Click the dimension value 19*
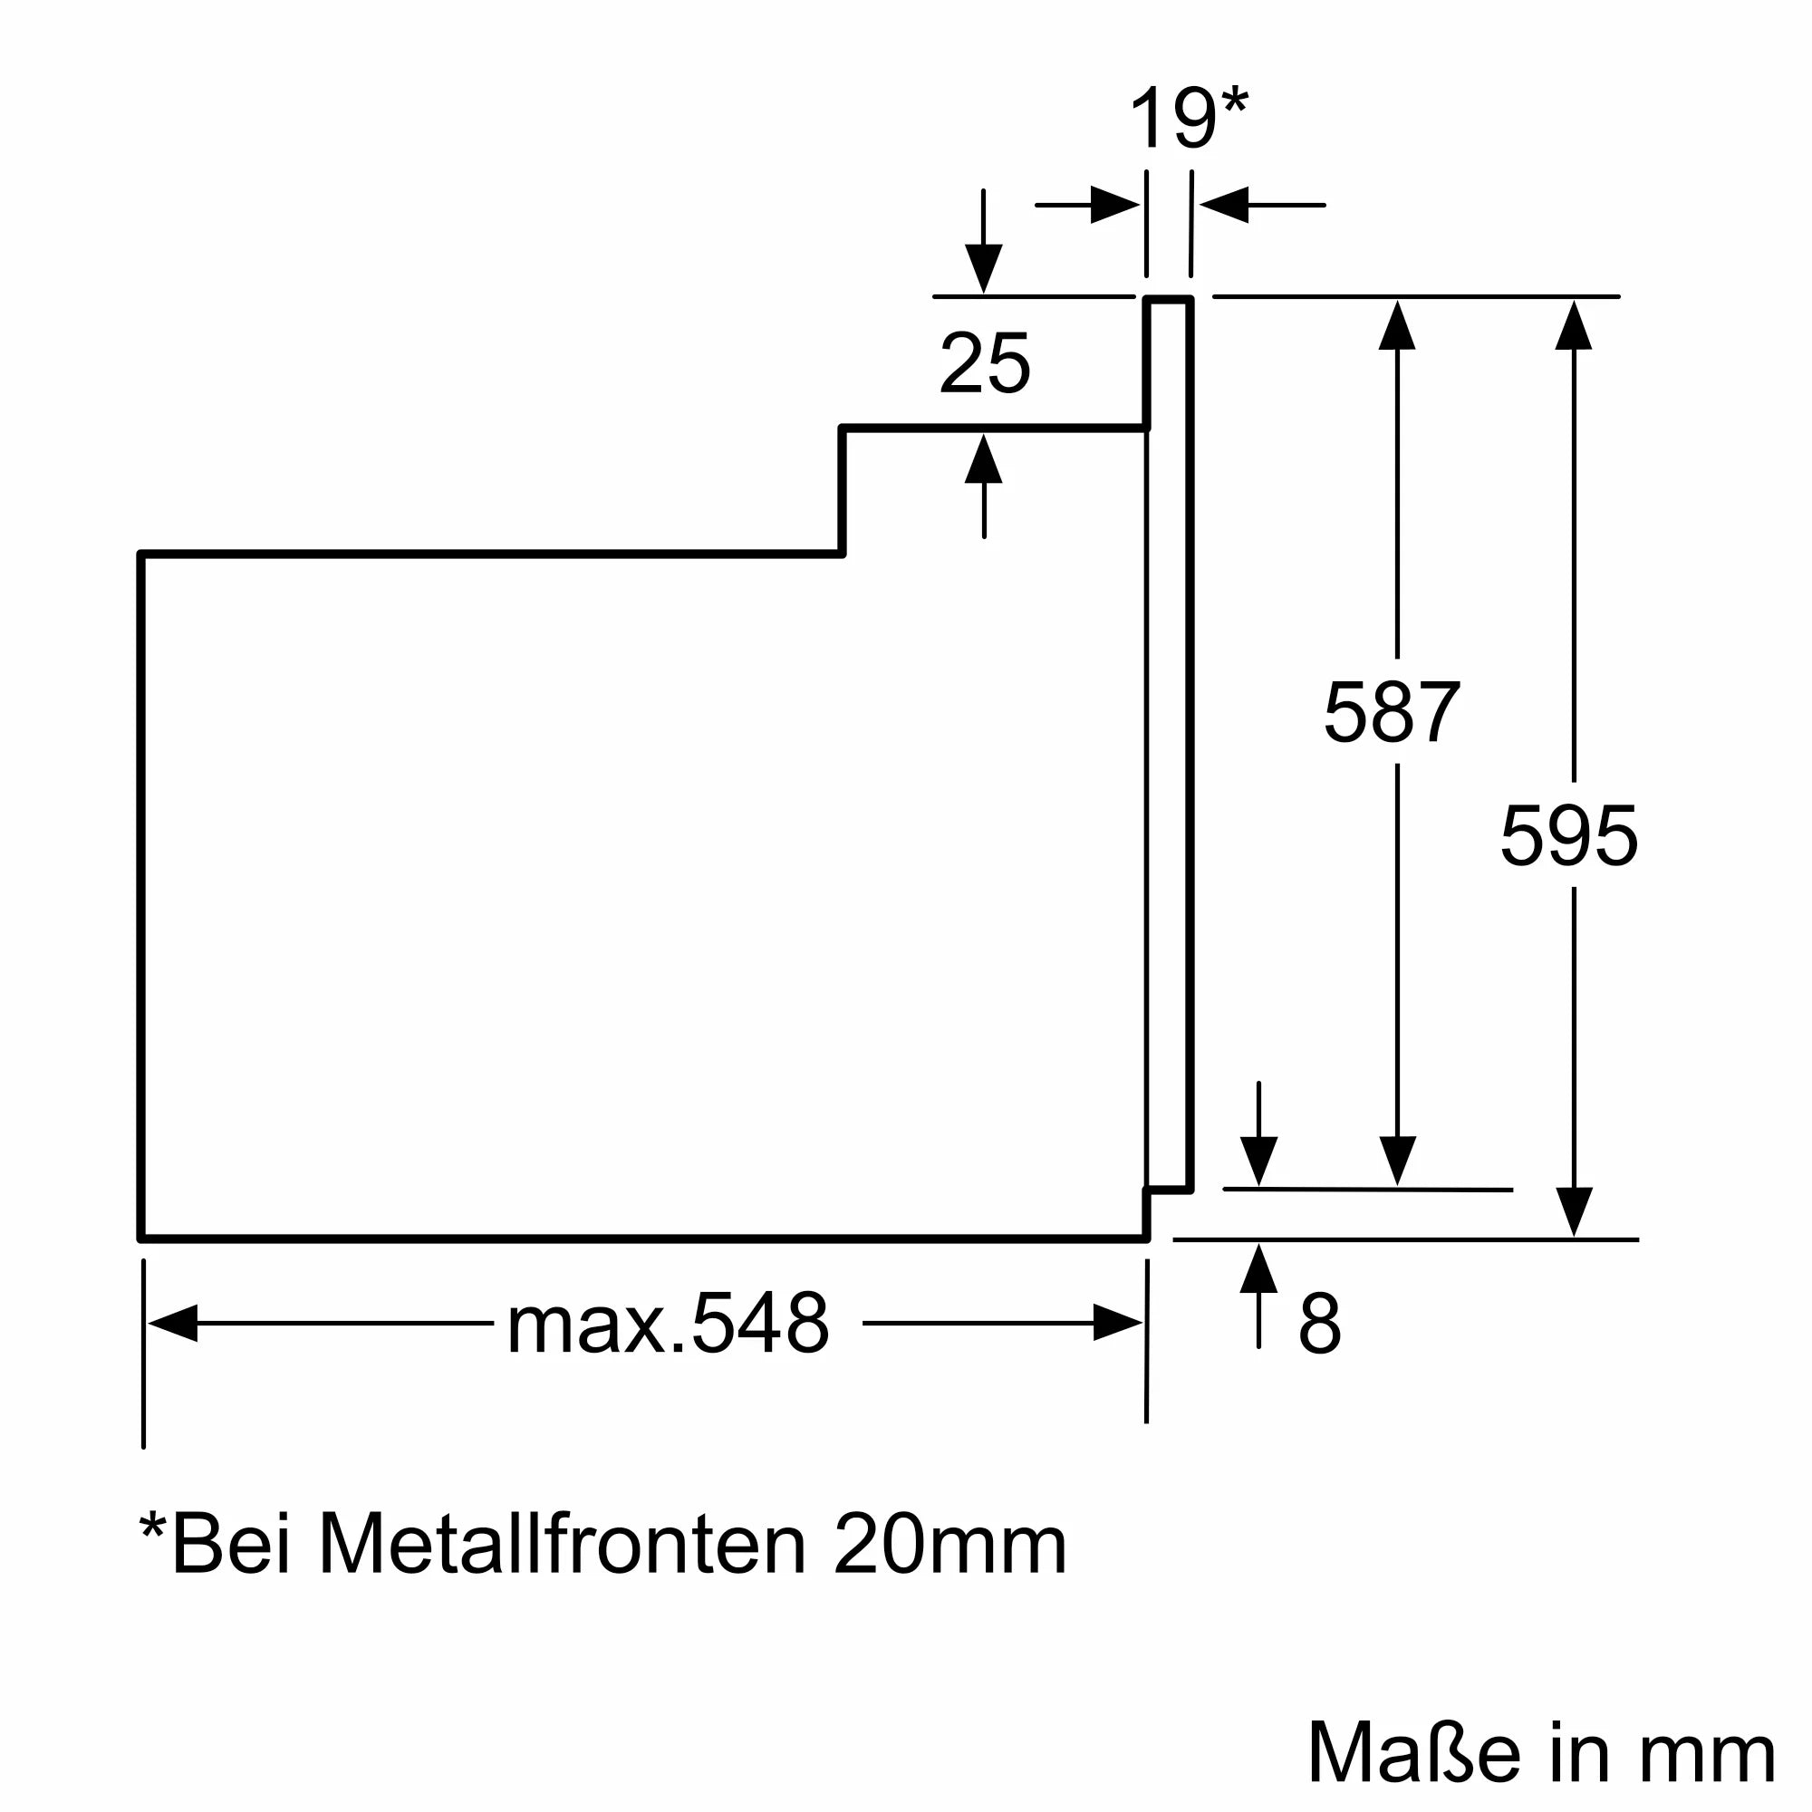(1188, 119)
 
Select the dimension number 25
(984, 363)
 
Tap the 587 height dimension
(1392, 713)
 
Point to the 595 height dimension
(1569, 835)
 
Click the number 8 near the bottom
(1320, 1324)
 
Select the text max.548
(668, 1324)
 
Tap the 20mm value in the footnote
(949, 1545)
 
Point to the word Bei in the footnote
(231, 1545)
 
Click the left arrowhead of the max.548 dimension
(174, 1323)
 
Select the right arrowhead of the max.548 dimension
(1117, 1323)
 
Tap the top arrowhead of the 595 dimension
(1573, 325)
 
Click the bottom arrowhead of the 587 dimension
(1397, 1161)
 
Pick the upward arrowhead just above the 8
(1258, 1269)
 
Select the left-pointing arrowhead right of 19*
(1224, 205)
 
